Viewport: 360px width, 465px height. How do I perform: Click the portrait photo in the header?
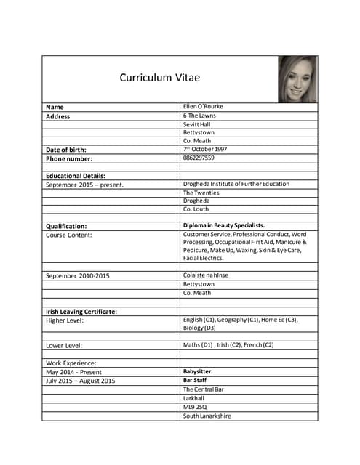click(x=297, y=79)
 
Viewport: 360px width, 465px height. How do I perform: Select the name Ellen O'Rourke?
click(x=203, y=107)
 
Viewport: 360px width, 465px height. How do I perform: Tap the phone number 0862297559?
click(x=199, y=158)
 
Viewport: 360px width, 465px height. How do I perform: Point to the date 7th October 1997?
click(x=205, y=149)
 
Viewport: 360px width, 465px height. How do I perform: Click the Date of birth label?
click(x=66, y=150)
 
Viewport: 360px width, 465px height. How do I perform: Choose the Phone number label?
click(x=69, y=158)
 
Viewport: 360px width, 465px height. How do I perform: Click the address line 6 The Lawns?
click(x=199, y=116)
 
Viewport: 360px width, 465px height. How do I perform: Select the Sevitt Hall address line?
click(x=196, y=124)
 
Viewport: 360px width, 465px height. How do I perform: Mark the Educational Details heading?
click(x=76, y=176)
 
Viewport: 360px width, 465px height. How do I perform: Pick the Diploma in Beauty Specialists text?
click(x=224, y=226)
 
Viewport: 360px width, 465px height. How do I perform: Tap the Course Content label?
click(x=69, y=235)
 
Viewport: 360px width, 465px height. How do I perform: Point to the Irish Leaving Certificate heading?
click(x=81, y=312)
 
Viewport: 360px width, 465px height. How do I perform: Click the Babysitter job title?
click(x=198, y=371)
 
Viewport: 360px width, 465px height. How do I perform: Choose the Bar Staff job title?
click(x=194, y=380)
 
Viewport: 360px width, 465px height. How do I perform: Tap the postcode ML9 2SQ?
click(x=196, y=407)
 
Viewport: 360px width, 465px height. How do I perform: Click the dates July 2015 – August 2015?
click(x=81, y=381)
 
